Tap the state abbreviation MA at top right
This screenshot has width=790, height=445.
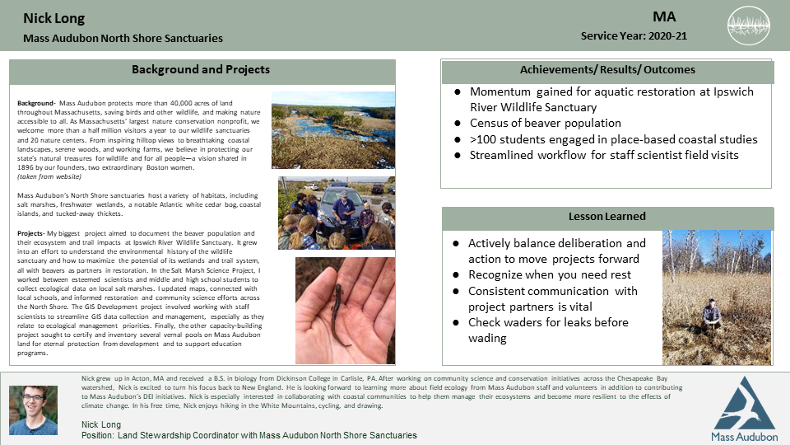[664, 16]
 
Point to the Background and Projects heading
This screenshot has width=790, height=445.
[200, 70]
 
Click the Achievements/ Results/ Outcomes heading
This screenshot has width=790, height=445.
[607, 70]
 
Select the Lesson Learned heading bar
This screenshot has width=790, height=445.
[607, 216]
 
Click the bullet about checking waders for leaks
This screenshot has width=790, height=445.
[548, 330]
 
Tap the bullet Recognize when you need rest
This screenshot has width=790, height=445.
[549, 275]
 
